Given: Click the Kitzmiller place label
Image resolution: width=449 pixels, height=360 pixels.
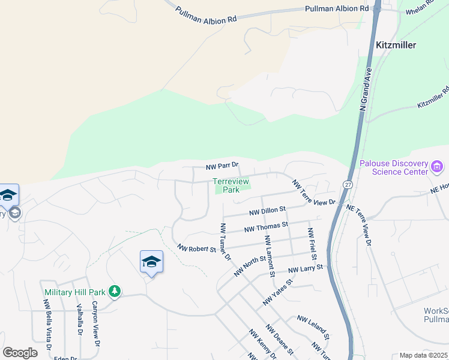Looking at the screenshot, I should click(x=396, y=45).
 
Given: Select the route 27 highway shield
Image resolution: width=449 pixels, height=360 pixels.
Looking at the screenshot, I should click(x=348, y=184).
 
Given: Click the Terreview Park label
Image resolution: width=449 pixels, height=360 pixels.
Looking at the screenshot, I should click(x=231, y=185).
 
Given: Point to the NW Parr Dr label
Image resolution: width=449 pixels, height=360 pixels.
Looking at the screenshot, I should click(x=222, y=166).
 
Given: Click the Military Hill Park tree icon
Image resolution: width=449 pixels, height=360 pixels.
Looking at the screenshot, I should click(x=114, y=292).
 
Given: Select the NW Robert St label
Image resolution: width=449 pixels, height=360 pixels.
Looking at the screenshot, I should click(x=196, y=248).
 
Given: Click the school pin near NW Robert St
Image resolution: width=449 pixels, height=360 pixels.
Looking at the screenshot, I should click(x=151, y=262).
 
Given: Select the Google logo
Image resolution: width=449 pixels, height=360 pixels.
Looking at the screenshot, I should click(x=20, y=353).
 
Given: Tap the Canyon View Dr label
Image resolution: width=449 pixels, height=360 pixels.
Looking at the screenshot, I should click(x=94, y=326).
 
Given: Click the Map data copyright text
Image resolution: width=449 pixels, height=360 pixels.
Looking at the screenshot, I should click(x=424, y=355).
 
